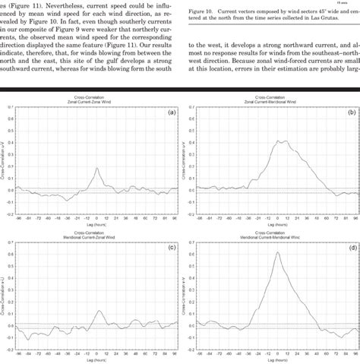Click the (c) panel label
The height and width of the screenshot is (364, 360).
[x=172, y=247]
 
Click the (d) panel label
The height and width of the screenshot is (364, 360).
[x=351, y=247]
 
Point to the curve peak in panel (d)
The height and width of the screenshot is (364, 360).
[x=278, y=253]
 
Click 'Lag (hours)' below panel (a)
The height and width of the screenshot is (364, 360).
[x=98, y=226]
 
